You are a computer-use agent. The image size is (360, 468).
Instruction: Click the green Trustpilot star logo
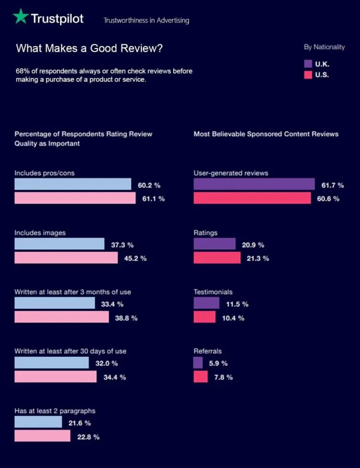(20, 17)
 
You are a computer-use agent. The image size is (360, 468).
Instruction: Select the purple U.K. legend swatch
(308, 64)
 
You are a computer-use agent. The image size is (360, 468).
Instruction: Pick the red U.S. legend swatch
(308, 75)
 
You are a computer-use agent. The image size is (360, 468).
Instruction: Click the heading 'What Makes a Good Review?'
(89, 48)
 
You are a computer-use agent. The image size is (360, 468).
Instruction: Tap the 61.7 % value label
(332, 185)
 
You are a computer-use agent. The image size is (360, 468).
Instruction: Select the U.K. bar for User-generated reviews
(254, 184)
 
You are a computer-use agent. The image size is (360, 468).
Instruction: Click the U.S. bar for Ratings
(217, 258)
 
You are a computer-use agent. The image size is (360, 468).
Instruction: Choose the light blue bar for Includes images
(59, 244)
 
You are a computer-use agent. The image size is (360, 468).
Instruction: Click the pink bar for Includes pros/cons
(75, 198)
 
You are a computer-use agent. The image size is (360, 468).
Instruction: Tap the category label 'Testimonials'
(213, 292)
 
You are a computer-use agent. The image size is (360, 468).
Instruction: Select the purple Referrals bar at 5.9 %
(198, 363)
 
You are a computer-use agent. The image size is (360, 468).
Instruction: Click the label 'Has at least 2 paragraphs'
(55, 411)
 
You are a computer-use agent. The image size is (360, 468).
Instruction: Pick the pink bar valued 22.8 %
(42, 436)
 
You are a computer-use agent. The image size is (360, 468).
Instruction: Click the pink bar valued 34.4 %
(55, 377)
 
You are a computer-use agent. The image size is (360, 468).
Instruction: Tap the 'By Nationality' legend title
(324, 47)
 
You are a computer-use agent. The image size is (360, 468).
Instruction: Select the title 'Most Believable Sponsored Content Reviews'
(266, 134)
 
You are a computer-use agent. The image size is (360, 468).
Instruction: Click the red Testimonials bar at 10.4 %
(204, 317)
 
